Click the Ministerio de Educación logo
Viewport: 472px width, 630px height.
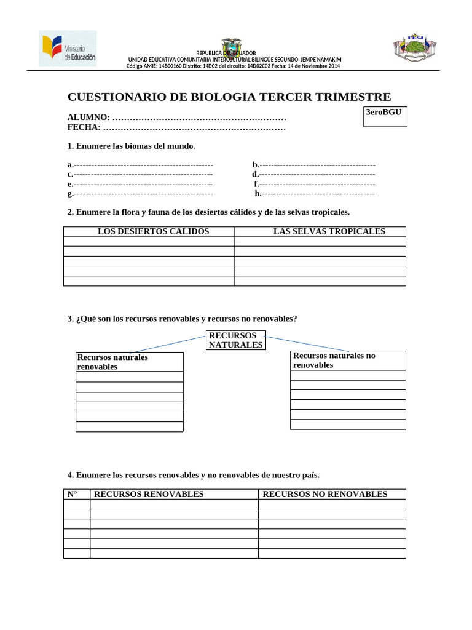68,49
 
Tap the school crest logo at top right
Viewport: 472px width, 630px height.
415,47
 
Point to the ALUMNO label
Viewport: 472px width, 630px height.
88,117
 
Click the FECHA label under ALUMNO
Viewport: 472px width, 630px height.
84,127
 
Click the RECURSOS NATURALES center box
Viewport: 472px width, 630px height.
236,340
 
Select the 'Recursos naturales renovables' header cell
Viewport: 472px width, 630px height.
129,362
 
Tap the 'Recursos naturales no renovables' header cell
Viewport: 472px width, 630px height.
347,361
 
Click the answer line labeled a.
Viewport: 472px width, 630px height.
143,165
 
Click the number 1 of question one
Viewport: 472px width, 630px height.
70,146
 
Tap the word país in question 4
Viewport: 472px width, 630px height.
309,475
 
